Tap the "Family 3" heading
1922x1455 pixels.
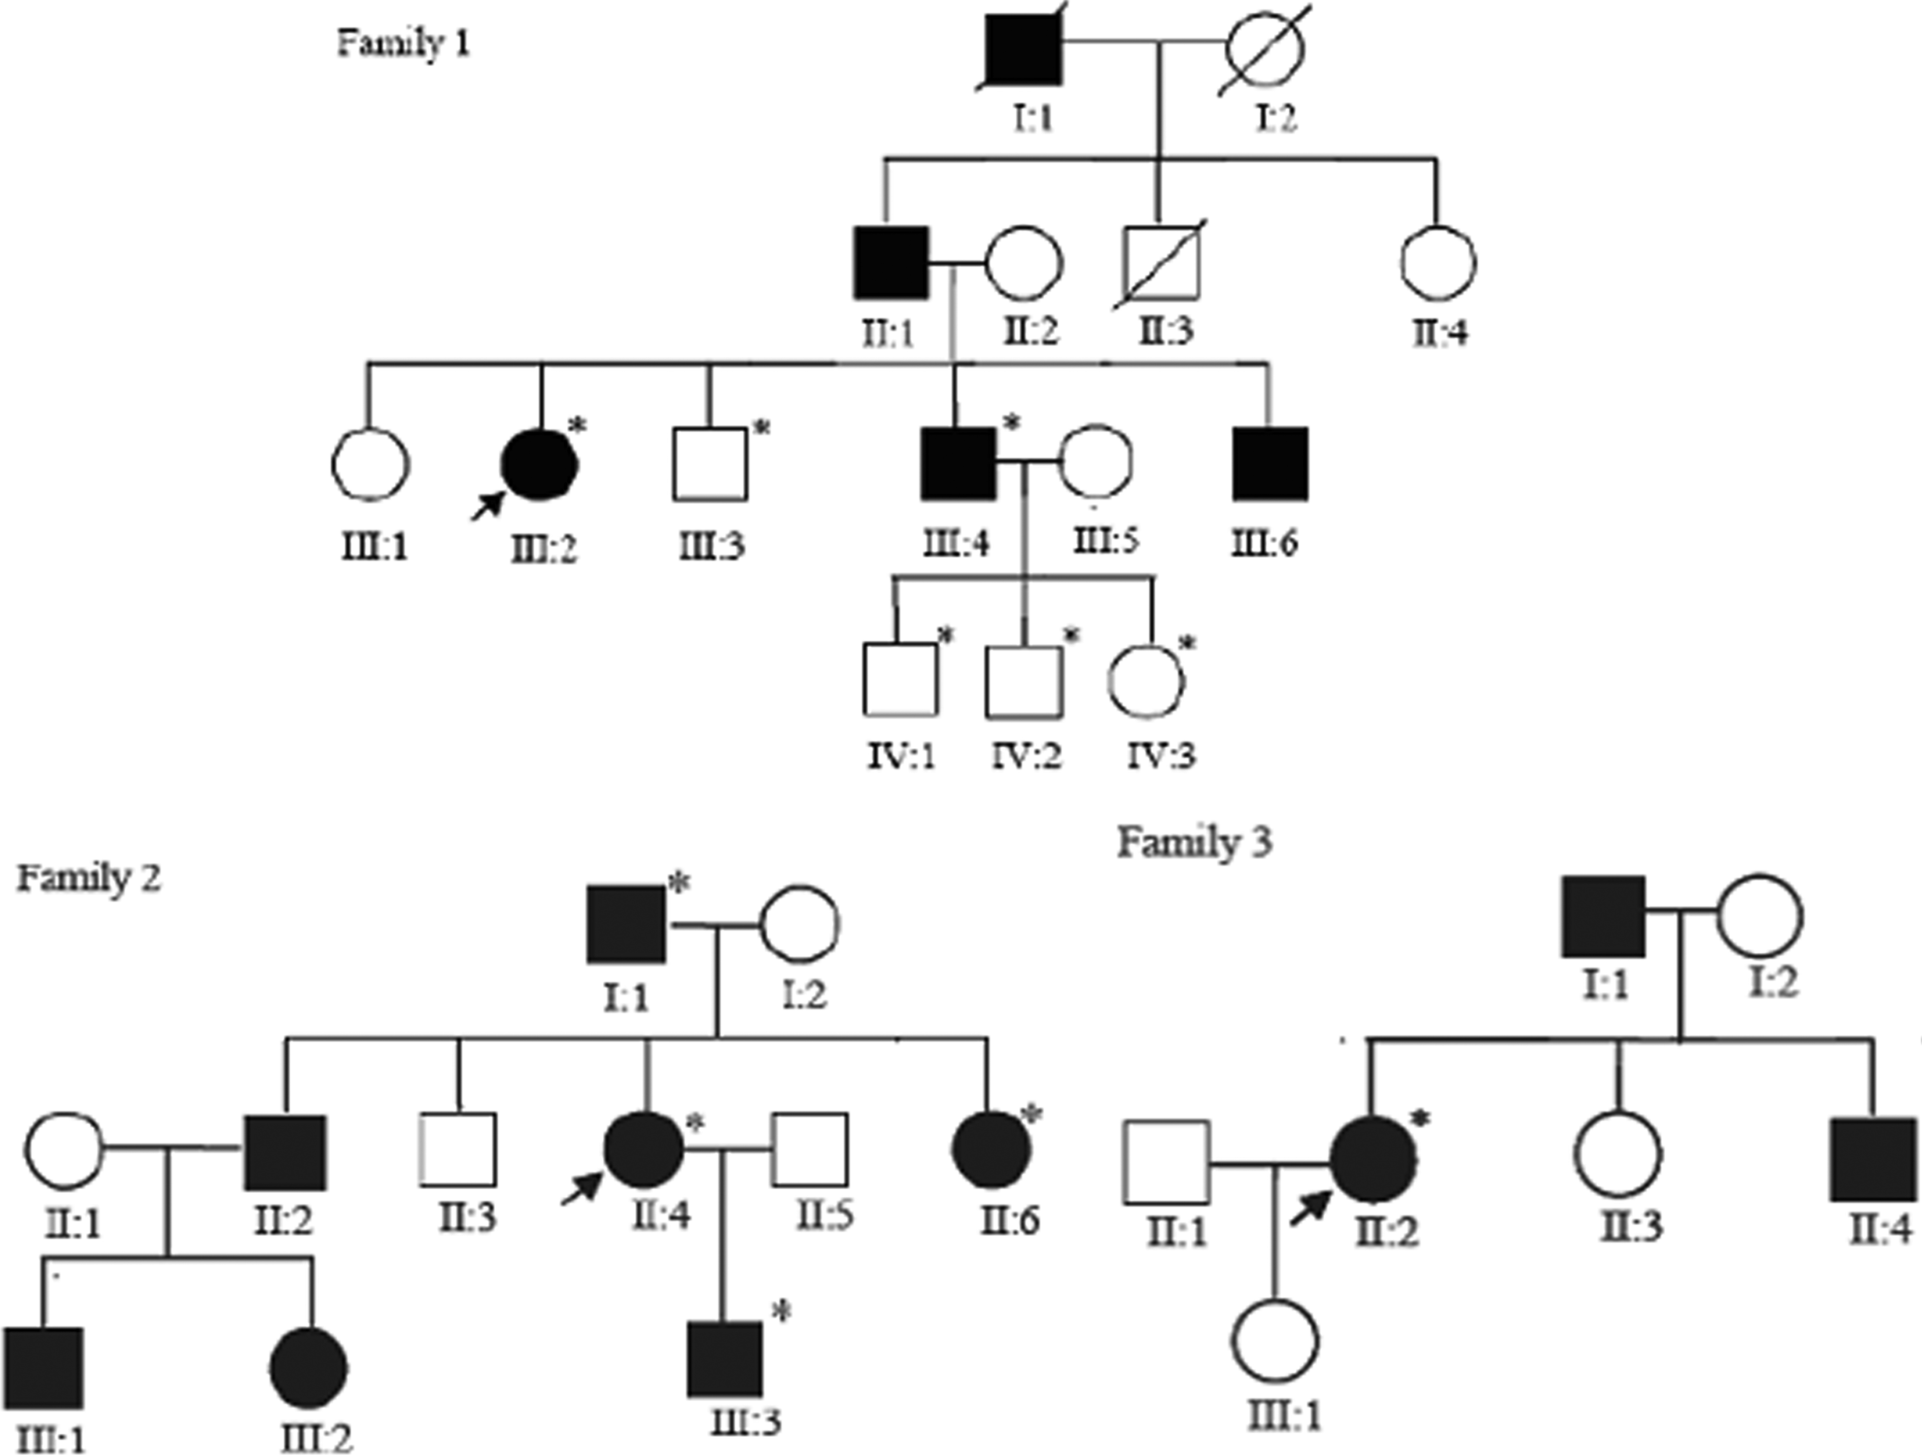(1195, 843)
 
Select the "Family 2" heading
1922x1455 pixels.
(89, 879)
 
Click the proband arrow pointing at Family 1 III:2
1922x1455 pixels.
(488, 505)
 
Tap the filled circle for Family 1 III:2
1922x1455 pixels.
(539, 465)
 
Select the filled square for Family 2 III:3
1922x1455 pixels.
(725, 1360)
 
